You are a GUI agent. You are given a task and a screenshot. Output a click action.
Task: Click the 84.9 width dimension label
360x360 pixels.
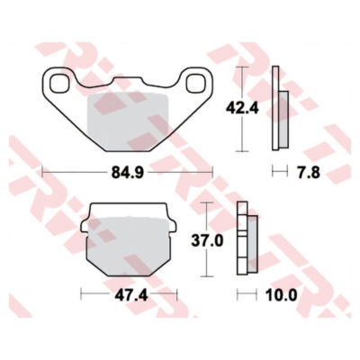(x=127, y=168)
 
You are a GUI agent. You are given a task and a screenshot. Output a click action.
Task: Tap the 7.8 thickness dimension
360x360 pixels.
(x=306, y=168)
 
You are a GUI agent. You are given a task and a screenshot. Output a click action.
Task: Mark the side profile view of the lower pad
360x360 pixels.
(x=243, y=240)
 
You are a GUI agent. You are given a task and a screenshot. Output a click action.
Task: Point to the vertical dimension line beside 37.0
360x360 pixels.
(x=209, y=240)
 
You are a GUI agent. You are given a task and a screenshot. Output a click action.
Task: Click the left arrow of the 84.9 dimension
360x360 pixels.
(x=45, y=168)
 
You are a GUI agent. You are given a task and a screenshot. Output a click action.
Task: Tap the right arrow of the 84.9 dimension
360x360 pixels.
(x=209, y=168)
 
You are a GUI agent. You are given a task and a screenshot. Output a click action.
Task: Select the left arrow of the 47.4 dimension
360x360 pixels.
(x=84, y=292)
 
